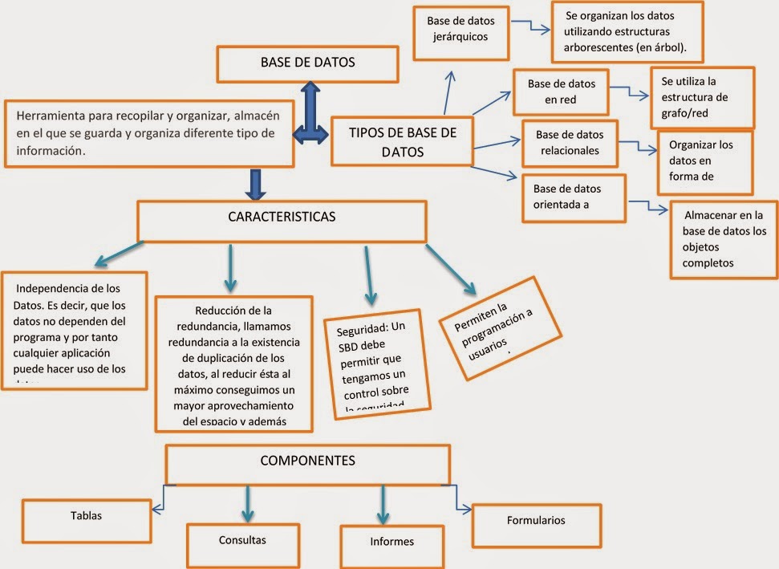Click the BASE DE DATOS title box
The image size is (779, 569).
pyautogui.click(x=308, y=64)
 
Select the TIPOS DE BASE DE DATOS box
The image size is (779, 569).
pyautogui.click(x=402, y=141)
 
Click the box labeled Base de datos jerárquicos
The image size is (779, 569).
pyautogui.click(x=461, y=32)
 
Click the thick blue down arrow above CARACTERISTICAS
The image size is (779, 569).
pyautogui.click(x=256, y=184)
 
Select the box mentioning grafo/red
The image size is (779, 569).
pyautogui.click(x=701, y=98)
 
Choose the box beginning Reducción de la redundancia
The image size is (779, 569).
pyautogui.click(x=233, y=364)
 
